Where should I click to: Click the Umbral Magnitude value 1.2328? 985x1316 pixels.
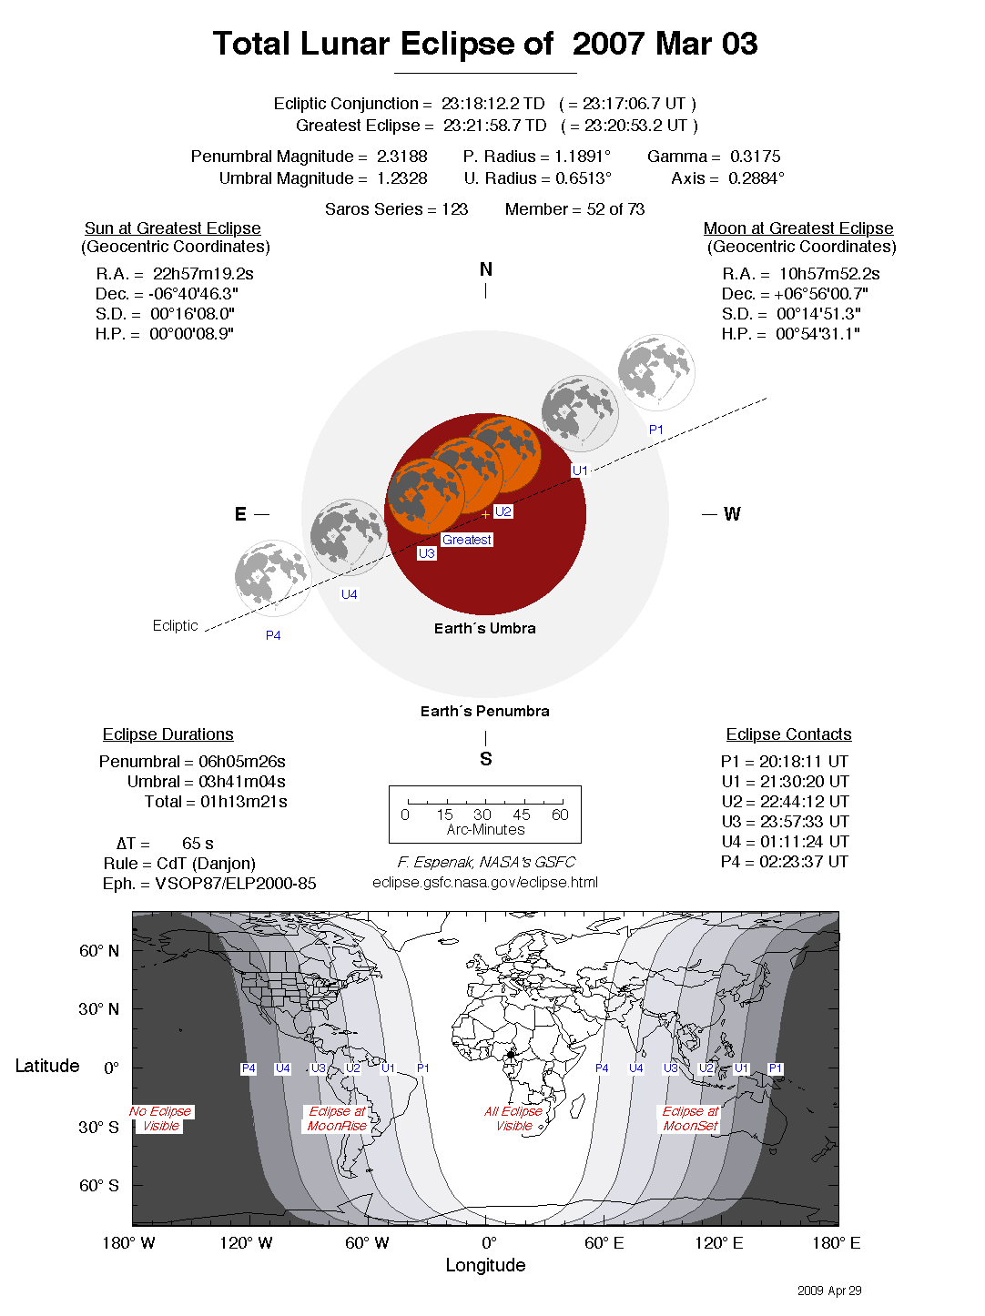coord(401,178)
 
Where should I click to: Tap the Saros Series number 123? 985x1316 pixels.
coord(454,209)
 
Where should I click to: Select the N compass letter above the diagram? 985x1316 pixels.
coord(486,269)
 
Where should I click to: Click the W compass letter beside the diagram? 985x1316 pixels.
coord(732,514)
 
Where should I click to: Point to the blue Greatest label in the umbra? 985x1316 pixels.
coord(467,540)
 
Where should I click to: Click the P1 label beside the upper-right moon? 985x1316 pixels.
coord(656,430)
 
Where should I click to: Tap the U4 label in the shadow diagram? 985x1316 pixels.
coord(350,594)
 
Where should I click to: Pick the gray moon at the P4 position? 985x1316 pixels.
coord(272,577)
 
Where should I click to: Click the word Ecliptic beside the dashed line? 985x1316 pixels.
coord(175,625)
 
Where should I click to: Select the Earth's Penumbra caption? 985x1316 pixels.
coord(484,711)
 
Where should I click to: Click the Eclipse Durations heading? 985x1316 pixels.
coord(168,734)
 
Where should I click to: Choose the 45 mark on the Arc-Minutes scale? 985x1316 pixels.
coord(522,815)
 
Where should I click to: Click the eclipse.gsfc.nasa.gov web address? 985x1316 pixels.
coord(485,882)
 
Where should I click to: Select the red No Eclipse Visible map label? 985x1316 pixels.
coord(161,1119)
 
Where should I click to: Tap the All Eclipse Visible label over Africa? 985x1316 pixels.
coord(513,1119)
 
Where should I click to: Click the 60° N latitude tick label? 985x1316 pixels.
coord(98,951)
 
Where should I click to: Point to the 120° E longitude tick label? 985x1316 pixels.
coord(718,1243)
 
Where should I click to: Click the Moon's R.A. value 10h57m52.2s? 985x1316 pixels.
coord(829,274)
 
